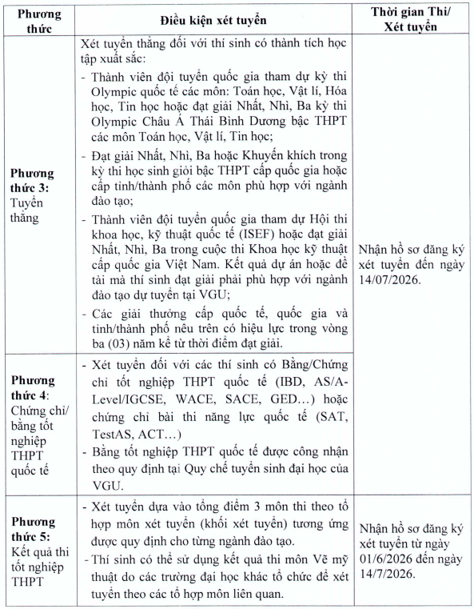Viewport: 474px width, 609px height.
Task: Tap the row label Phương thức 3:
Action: tap(32, 179)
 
